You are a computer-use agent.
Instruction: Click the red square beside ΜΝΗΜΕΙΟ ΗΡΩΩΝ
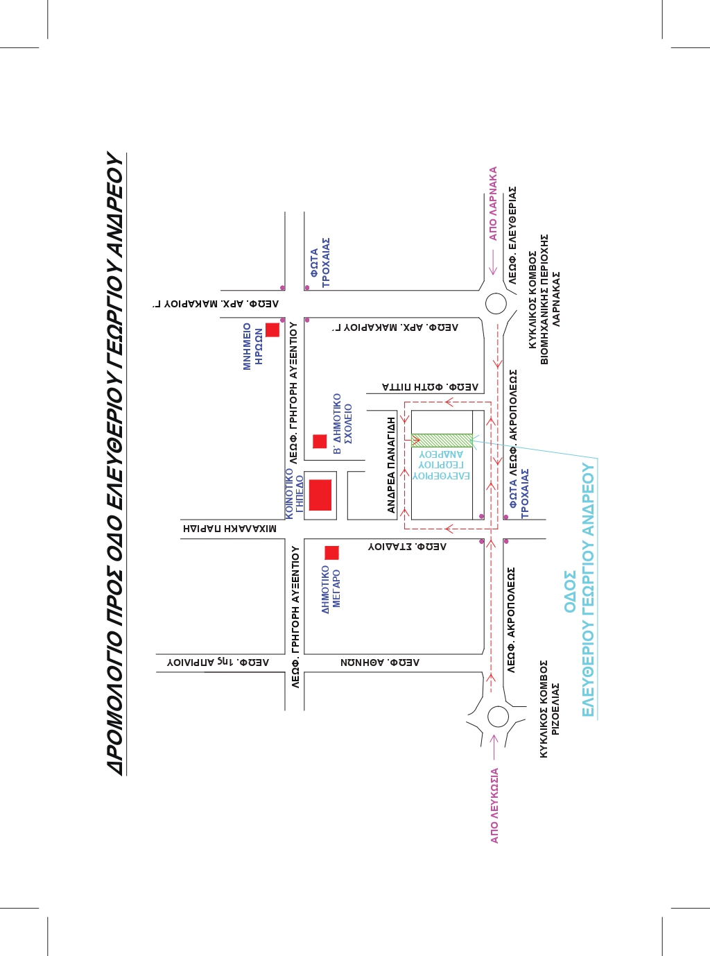coord(272,330)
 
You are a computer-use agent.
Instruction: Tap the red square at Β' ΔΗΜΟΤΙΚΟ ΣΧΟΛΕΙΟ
coord(320,441)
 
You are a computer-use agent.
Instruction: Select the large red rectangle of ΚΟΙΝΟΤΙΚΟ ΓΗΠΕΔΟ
coord(320,495)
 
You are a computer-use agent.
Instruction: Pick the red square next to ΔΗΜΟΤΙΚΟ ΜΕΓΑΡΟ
coord(332,552)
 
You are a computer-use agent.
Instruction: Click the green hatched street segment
coord(442,441)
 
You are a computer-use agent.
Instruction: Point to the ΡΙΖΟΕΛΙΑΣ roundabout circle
coord(498,717)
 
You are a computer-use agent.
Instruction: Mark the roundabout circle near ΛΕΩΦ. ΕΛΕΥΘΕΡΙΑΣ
coord(496,303)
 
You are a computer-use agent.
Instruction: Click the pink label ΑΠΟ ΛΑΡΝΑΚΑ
coord(493,204)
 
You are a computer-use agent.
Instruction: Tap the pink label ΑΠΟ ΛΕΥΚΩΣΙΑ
coord(494,805)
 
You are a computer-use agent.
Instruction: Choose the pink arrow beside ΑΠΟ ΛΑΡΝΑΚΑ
coord(493,262)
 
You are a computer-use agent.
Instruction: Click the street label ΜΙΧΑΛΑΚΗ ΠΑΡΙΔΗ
coord(230,529)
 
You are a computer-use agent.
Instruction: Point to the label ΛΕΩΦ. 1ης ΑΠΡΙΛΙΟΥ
coord(218,662)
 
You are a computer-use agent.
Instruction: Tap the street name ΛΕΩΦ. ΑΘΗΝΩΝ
coord(380,663)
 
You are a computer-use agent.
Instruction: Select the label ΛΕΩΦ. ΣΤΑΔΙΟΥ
coord(407,547)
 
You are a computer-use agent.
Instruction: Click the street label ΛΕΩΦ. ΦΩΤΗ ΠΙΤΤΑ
coord(430,387)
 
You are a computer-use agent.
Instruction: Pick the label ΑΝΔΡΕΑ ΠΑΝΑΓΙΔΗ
coord(391,465)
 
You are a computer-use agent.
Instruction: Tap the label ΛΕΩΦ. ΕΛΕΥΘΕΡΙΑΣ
coord(512,235)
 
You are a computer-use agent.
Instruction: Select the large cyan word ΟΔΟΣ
coord(570,592)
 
